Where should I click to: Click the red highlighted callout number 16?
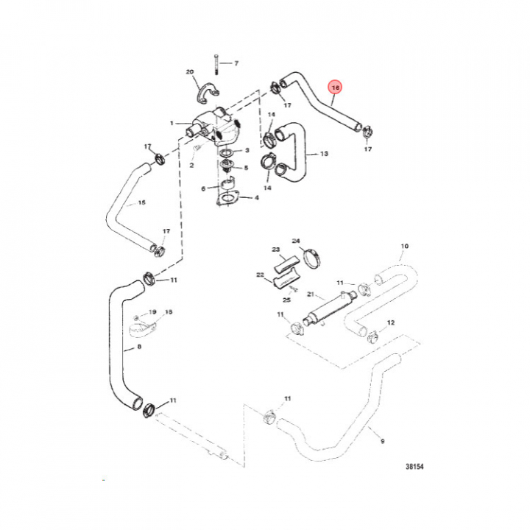[336, 88]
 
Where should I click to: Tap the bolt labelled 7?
[216, 65]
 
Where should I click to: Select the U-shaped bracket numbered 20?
[207, 93]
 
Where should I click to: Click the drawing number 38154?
[414, 467]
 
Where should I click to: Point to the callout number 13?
[324, 154]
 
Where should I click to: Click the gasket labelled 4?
[227, 198]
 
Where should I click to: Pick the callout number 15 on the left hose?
[141, 202]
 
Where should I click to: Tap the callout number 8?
[139, 347]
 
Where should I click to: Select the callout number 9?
[382, 441]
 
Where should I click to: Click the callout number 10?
[404, 246]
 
